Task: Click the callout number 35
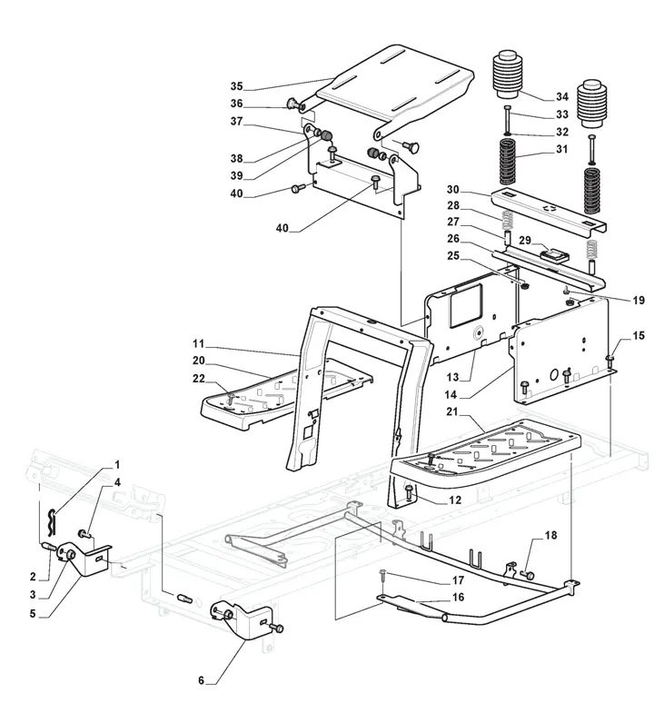[236, 86]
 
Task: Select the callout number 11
[199, 345]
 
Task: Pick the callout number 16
[458, 597]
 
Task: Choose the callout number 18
[550, 538]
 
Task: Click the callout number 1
[115, 464]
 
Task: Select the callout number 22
[199, 378]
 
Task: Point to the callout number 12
[455, 500]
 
